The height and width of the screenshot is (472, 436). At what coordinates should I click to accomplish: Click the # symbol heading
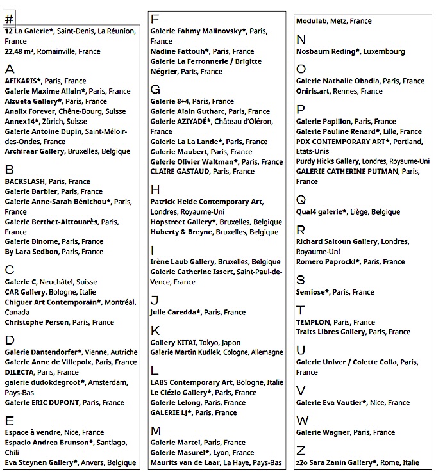click(x=9, y=19)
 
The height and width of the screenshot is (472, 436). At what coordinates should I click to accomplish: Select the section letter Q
click(x=301, y=199)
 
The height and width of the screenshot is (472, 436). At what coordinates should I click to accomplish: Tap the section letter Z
click(x=301, y=450)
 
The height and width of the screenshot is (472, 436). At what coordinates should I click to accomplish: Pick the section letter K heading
click(x=155, y=330)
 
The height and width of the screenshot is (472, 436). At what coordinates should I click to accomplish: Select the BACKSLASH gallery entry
click(x=24, y=181)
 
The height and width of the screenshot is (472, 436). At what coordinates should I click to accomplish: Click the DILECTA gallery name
click(x=19, y=372)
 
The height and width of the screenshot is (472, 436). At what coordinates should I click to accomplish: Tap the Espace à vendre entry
click(x=32, y=432)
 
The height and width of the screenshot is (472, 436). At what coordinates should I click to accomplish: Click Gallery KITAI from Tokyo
click(x=173, y=342)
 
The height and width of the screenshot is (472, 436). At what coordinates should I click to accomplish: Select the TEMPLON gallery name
click(x=313, y=322)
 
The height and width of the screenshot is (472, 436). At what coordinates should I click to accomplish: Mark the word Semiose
click(x=312, y=292)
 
